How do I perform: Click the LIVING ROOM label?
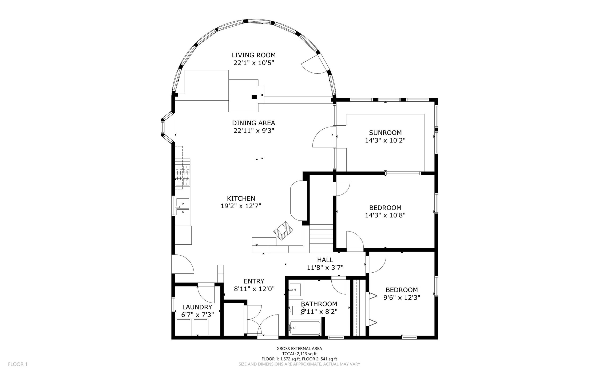point(253,55)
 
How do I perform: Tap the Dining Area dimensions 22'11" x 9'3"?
point(254,131)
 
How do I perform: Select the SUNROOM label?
point(385,133)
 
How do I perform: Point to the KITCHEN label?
point(241,198)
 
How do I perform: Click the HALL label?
point(325,260)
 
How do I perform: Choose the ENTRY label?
point(254,281)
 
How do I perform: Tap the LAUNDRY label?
point(197,307)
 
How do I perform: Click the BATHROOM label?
point(319,304)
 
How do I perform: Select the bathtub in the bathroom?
point(305,328)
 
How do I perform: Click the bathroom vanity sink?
point(295,290)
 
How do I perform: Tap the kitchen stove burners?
point(183,175)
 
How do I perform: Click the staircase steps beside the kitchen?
point(321,238)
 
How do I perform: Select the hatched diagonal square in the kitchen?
point(283,231)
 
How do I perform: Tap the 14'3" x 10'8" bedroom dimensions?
point(385,215)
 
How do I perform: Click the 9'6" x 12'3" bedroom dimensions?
point(402,297)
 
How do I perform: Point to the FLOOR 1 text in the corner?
point(18,364)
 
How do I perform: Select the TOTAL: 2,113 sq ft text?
point(299,354)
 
